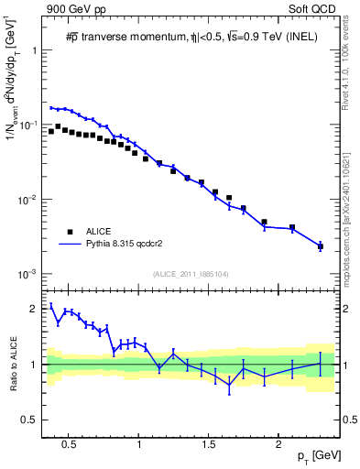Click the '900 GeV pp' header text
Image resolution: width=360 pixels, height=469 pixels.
pos(72,10)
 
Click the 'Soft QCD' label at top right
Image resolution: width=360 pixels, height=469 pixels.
pos(313,10)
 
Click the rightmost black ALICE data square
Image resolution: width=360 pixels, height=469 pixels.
pos(320,246)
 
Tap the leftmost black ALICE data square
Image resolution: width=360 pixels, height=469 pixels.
pos(51,131)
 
